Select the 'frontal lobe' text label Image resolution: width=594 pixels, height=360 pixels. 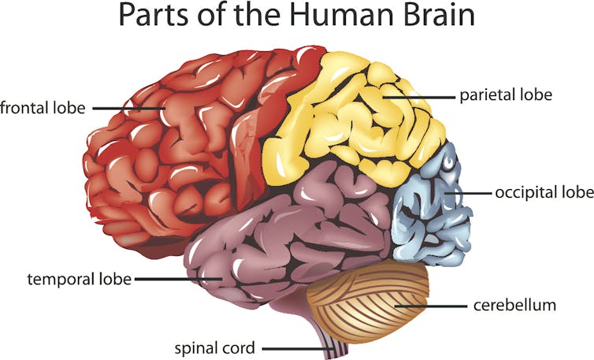point(43,106)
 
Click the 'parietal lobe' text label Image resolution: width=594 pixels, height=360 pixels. point(506,95)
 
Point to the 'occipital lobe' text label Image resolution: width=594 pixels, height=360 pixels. point(543,191)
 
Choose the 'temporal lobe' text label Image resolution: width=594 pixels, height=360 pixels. point(79,279)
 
